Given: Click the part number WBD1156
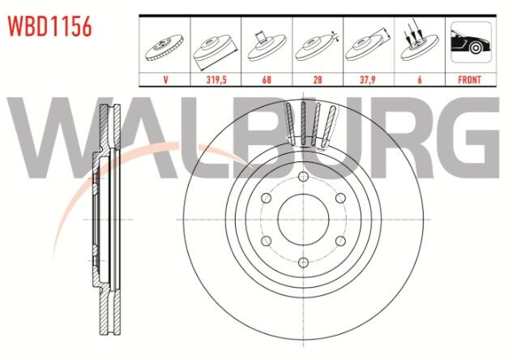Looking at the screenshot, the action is pos(50,27).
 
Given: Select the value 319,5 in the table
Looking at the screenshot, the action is pos(216,79).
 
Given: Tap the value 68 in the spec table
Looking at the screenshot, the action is pos(267,79).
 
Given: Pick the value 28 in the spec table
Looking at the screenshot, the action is pos(318,79).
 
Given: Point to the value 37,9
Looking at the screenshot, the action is pos(369,79).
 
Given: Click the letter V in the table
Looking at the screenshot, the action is pos(165,79).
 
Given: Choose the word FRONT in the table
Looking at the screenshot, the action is pos(470,79).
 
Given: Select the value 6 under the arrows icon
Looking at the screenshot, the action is pos(420,79).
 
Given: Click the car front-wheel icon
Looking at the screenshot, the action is pos(471,42).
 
